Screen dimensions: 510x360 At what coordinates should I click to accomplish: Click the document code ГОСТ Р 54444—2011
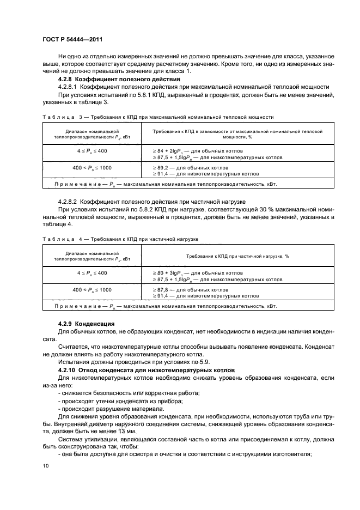click(x=72, y=40)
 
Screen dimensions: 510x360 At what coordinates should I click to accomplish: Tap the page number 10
click(x=45, y=464)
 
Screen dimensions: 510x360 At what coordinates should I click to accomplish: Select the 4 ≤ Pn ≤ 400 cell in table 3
click(x=91, y=150)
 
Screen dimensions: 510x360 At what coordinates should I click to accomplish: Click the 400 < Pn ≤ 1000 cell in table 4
click(x=91, y=289)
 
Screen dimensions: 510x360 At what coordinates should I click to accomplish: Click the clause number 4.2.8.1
click(x=69, y=87)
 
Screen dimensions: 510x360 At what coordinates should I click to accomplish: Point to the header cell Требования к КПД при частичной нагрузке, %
click(x=239, y=256)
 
